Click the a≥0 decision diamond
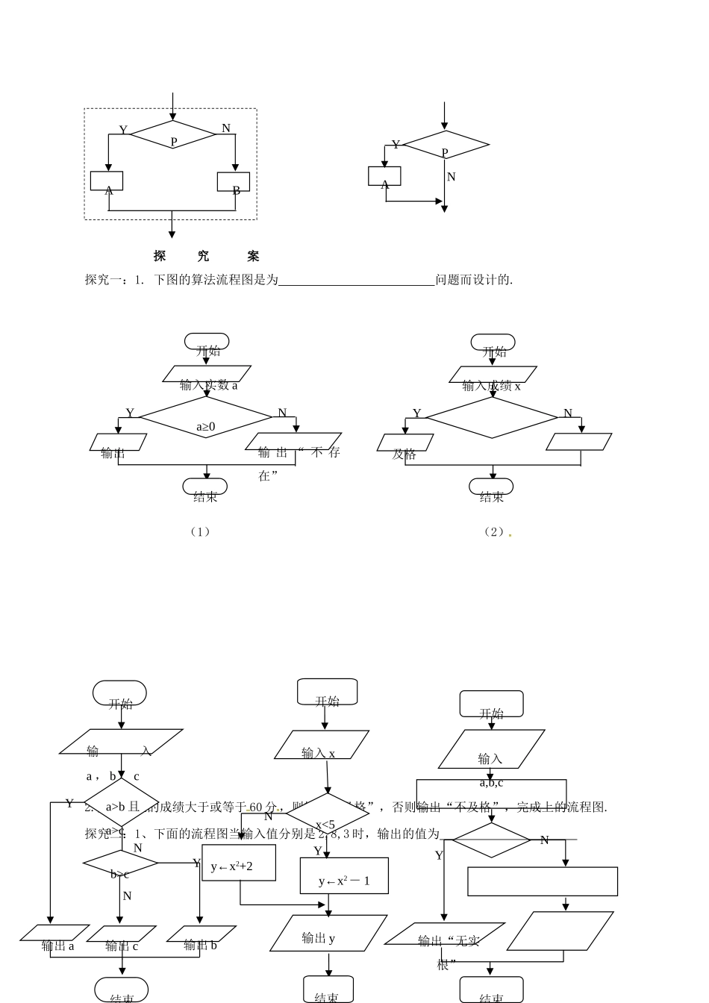coord(206,418)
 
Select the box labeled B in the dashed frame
coord(234,182)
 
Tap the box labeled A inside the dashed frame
coord(107,181)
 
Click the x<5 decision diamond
coord(328,814)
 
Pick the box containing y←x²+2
coord(239,863)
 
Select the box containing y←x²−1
coord(343,875)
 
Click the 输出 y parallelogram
coord(328,934)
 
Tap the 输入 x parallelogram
coord(322,745)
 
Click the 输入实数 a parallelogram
coord(207,374)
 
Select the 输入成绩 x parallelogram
coord(493,375)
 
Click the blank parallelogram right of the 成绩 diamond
coord(578,442)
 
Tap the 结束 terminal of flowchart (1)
coord(205,487)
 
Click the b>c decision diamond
coord(120,863)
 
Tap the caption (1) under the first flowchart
coord(199,531)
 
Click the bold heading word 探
coord(160,256)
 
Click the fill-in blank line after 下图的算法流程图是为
coord(356,281)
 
